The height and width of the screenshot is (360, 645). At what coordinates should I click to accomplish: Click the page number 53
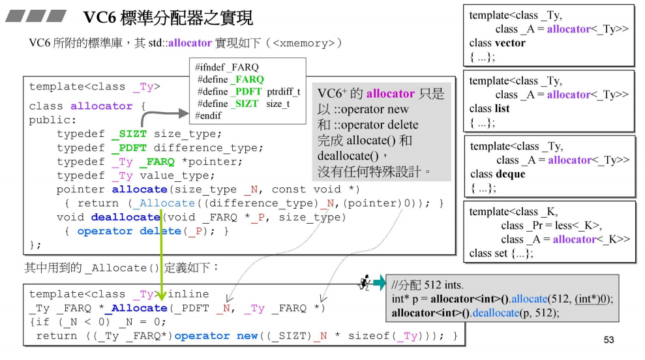point(609,340)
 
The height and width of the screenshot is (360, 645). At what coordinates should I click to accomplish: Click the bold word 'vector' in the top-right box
point(510,43)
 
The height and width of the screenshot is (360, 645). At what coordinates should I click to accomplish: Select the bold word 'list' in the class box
point(503,108)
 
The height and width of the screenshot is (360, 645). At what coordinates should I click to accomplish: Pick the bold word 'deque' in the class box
point(511,174)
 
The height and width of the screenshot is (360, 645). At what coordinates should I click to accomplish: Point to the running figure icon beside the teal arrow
point(364,282)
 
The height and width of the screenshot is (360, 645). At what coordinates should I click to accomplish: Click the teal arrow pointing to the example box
point(379,283)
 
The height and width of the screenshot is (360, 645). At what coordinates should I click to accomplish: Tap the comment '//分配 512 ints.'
point(427,286)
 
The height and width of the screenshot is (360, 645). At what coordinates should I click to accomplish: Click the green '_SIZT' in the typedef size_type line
point(129,134)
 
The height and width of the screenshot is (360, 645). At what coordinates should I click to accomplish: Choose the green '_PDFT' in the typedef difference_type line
point(129,148)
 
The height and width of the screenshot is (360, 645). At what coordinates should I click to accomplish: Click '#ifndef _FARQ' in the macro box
point(226,67)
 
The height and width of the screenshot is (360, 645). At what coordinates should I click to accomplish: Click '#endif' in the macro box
point(208,115)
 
